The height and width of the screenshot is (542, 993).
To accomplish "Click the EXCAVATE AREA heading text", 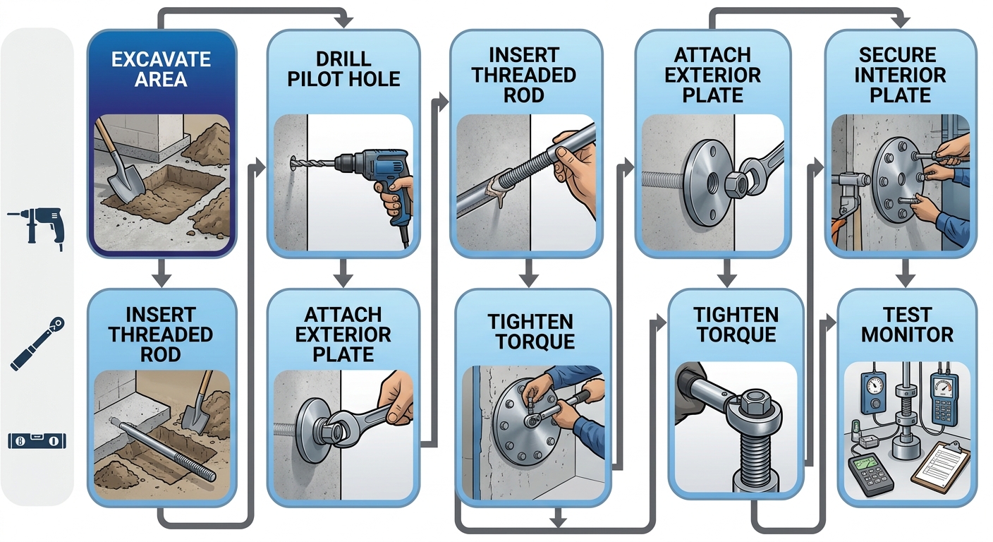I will point(161,68).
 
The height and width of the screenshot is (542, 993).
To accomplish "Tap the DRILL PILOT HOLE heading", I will point(343,68).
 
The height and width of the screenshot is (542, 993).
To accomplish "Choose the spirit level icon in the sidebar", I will point(37,441).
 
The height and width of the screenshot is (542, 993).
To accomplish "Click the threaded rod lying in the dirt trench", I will point(162,447).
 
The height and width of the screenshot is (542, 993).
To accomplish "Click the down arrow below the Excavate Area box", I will point(161,271).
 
